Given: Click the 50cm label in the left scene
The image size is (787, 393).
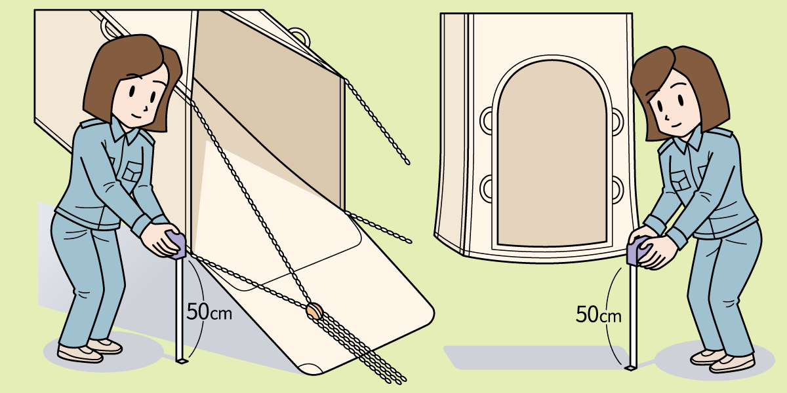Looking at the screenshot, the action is tap(209, 312).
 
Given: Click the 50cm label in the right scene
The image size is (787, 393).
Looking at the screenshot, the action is tap(599, 314).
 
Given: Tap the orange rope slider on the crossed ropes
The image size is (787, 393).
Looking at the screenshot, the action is tap(314, 311).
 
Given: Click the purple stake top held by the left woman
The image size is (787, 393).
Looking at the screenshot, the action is tap(178, 244).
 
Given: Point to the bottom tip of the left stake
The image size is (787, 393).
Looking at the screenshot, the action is tap(182, 362).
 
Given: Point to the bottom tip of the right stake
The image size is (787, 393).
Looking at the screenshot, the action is tap(632, 367).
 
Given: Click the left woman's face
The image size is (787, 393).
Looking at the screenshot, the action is tap(140, 96).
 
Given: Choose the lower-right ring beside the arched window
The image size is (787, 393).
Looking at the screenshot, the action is tap(617, 189).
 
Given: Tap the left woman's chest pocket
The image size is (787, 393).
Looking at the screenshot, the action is tap(132, 172).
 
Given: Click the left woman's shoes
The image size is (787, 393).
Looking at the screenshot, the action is tap(90, 350).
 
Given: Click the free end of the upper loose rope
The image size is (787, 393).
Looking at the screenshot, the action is tap(407, 163).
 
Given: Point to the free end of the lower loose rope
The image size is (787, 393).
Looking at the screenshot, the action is tap(409, 242).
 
